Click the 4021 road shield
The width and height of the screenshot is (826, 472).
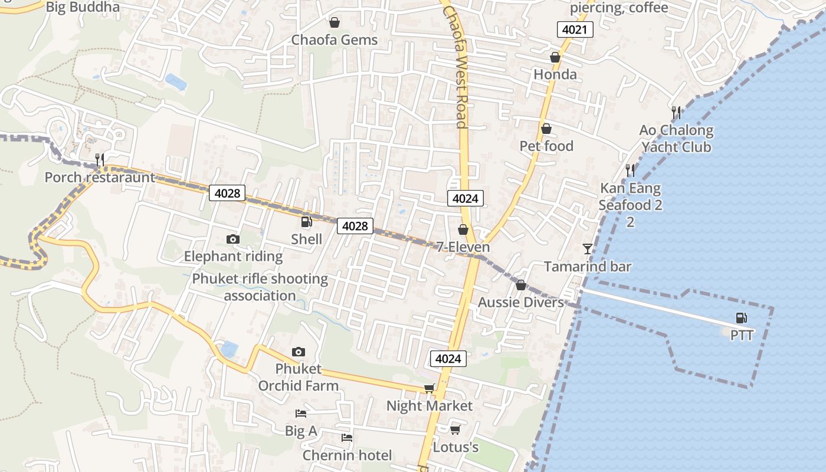tap(575, 29)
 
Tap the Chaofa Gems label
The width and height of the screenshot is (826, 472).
tap(335, 40)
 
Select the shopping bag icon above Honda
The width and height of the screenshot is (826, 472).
tap(555, 57)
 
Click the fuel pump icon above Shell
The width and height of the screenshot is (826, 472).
tap(306, 222)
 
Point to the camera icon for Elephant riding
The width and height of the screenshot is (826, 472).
tap(233, 239)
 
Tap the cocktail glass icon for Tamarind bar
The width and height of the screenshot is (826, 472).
tap(587, 249)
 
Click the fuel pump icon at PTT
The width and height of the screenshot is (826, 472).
tap(742, 319)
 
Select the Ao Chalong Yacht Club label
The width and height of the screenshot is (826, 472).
tap(676, 139)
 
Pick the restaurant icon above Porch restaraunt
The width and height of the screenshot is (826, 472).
tap(100, 159)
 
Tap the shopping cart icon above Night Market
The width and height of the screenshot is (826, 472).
tap(429, 388)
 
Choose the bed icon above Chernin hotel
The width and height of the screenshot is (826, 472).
tap(347, 438)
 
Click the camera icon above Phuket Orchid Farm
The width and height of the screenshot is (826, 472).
tap(299, 352)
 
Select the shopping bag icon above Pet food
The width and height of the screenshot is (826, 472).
tap(546, 129)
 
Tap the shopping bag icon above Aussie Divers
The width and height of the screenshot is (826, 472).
tap(520, 286)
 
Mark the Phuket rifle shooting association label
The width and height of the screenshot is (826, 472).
tap(260, 287)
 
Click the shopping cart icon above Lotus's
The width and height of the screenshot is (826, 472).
tap(455, 430)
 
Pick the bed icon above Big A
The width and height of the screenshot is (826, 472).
tap(301, 414)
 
